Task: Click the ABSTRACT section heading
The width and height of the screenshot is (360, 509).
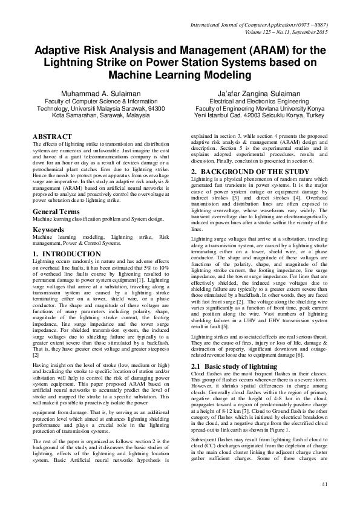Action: tap(52, 137)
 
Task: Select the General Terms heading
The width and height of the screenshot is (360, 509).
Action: tap(58, 212)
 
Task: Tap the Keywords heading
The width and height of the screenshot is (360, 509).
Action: tap(49, 230)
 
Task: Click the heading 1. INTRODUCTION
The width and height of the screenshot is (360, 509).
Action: tap(67, 253)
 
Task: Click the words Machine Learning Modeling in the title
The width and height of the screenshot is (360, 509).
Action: tap(180, 76)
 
